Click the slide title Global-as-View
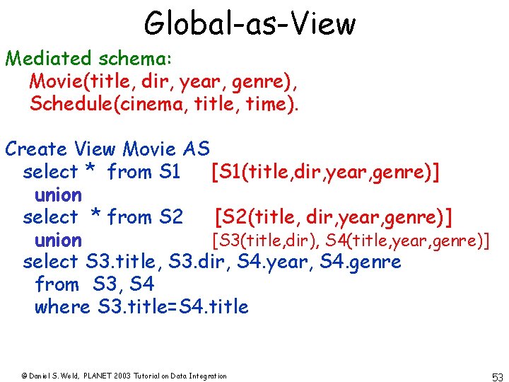pos(250,23)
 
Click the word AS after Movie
pos(196,149)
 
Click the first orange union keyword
pos(58,195)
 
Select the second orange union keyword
pos(58,240)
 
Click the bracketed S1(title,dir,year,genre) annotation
pos(326,172)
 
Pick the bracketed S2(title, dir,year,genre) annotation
pos(334,216)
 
